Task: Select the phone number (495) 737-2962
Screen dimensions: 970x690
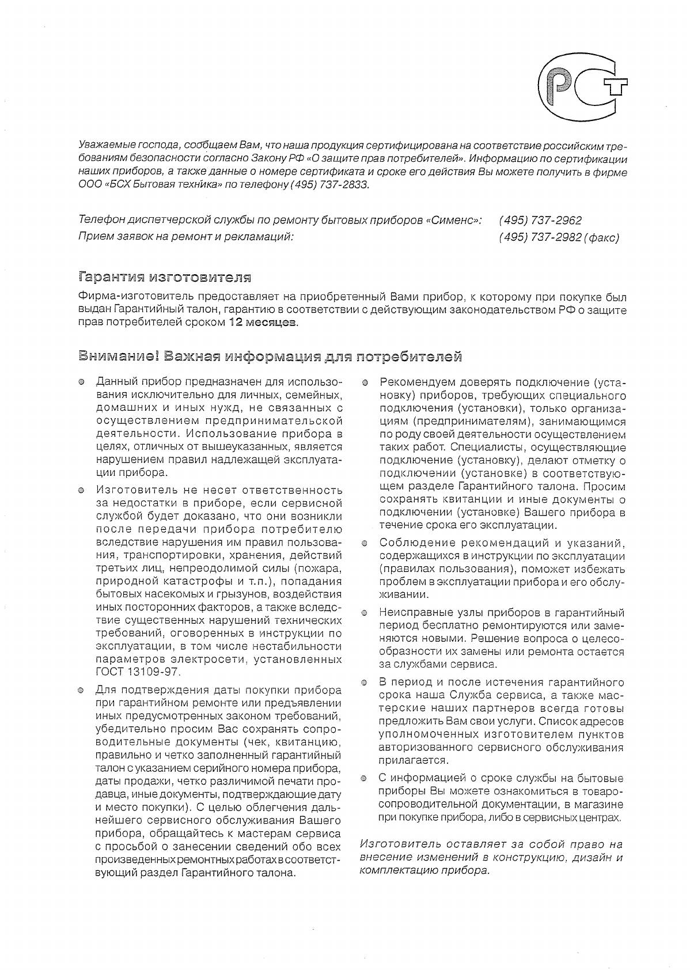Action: tap(540, 221)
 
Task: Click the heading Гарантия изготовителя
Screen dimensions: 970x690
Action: tap(165, 278)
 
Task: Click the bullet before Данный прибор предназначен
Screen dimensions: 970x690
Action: tap(82, 382)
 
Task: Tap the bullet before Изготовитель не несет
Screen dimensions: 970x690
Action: tap(82, 491)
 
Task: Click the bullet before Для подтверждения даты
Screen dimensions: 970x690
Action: tap(82, 690)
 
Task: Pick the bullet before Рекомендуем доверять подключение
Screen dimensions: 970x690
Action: tap(365, 382)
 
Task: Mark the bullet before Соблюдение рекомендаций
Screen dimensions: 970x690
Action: tap(365, 543)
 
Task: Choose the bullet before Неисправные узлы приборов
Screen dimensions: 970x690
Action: tap(365, 613)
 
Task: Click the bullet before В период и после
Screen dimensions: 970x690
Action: tap(365, 683)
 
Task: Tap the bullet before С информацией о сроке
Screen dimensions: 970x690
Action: tap(365, 779)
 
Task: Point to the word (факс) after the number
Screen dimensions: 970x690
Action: tap(601, 238)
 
